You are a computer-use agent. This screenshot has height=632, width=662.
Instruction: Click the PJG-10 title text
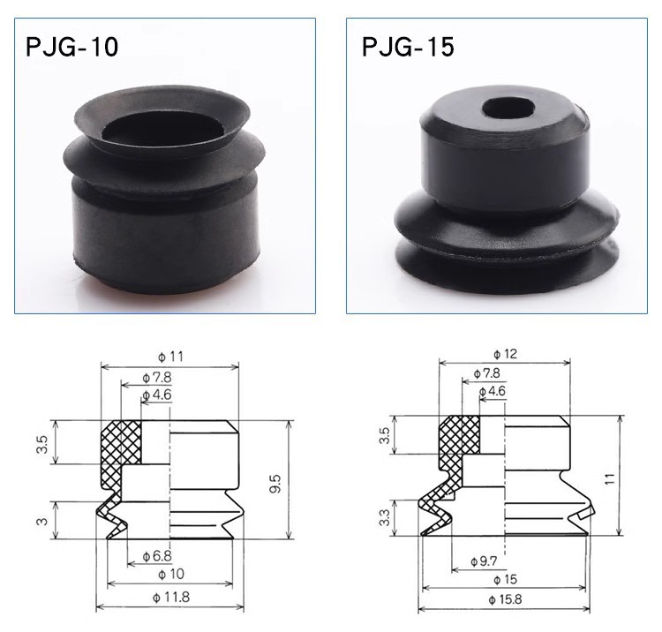click(x=71, y=47)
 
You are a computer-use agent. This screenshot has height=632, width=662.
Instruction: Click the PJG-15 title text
click(x=408, y=47)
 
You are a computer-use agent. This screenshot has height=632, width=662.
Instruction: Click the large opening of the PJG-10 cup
click(x=163, y=129)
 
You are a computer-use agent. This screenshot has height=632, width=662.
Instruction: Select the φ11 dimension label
click(x=171, y=357)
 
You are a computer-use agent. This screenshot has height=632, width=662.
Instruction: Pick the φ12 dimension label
click(x=505, y=354)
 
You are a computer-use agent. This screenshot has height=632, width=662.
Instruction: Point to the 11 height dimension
click(x=610, y=478)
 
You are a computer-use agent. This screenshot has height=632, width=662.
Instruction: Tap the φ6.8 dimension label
click(x=157, y=556)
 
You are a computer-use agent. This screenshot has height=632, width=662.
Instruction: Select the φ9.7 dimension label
click(x=485, y=561)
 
